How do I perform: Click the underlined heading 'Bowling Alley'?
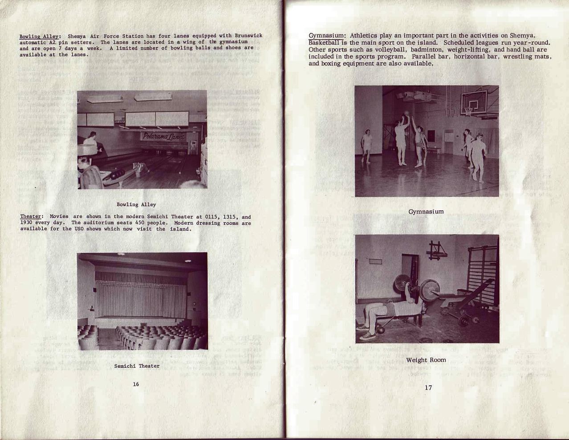(x=40, y=37)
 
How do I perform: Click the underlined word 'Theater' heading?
(x=30, y=217)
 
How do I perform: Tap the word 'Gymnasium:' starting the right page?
(x=327, y=36)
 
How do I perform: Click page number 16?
(x=136, y=384)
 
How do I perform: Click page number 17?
(x=428, y=388)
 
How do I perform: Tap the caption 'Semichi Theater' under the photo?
(x=137, y=366)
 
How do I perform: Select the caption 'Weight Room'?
(x=426, y=360)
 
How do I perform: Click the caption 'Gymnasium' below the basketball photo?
(x=426, y=212)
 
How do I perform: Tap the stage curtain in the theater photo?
(x=140, y=296)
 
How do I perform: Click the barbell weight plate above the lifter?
(x=402, y=285)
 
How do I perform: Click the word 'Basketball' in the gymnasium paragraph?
(x=325, y=43)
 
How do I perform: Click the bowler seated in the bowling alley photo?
(x=92, y=142)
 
